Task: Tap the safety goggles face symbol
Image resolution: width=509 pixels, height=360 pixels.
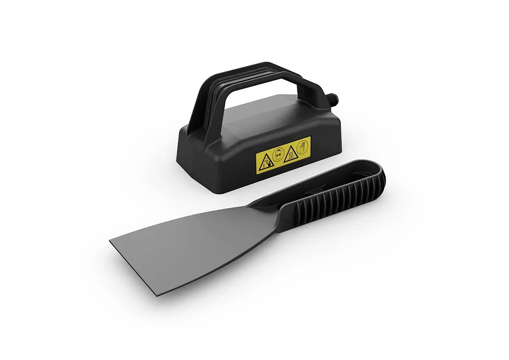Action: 277,155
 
